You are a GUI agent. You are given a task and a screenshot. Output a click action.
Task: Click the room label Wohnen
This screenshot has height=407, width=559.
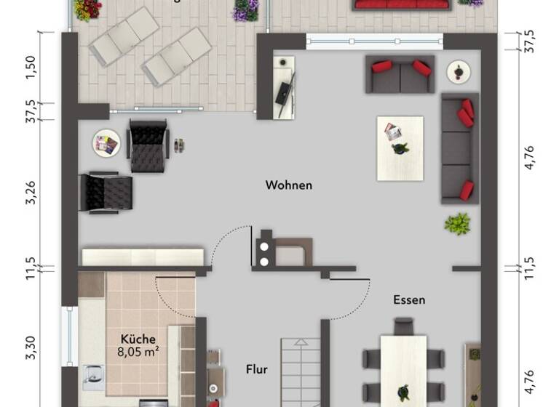pyautogui.click(x=289, y=185)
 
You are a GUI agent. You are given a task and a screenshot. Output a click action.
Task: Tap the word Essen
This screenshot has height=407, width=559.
pyautogui.click(x=409, y=299)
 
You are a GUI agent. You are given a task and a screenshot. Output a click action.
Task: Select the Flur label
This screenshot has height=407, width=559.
pyautogui.click(x=255, y=369)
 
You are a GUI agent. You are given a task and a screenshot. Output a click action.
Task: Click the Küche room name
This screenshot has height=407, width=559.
pyautogui.click(x=138, y=339)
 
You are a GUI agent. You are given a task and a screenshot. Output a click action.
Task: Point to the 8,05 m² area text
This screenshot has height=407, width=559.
pyautogui.click(x=138, y=351)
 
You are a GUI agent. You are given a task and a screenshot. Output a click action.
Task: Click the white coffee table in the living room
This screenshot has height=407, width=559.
pyautogui.click(x=400, y=148)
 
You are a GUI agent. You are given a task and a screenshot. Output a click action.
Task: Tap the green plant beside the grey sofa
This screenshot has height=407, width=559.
pyautogui.click(x=457, y=223)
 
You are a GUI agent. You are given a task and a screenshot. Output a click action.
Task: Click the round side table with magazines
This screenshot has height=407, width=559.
pyautogui.click(x=106, y=144)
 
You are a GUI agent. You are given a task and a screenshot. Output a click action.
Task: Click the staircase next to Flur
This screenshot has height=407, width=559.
pyautogui.click(x=301, y=374)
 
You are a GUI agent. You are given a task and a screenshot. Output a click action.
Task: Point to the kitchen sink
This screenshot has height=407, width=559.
pyautogui.click(x=92, y=377)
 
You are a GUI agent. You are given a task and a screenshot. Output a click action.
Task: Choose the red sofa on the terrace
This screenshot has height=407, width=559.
pyautogui.click(x=401, y=4)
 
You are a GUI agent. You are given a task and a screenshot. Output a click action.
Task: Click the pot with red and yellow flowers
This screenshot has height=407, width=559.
pyautogui.click(x=87, y=9)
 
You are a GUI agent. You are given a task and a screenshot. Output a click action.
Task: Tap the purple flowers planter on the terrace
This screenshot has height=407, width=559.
pyautogui.click(x=246, y=9)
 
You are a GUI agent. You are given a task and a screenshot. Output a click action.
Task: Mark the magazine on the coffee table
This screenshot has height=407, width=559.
pyautogui.click(x=393, y=132)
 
